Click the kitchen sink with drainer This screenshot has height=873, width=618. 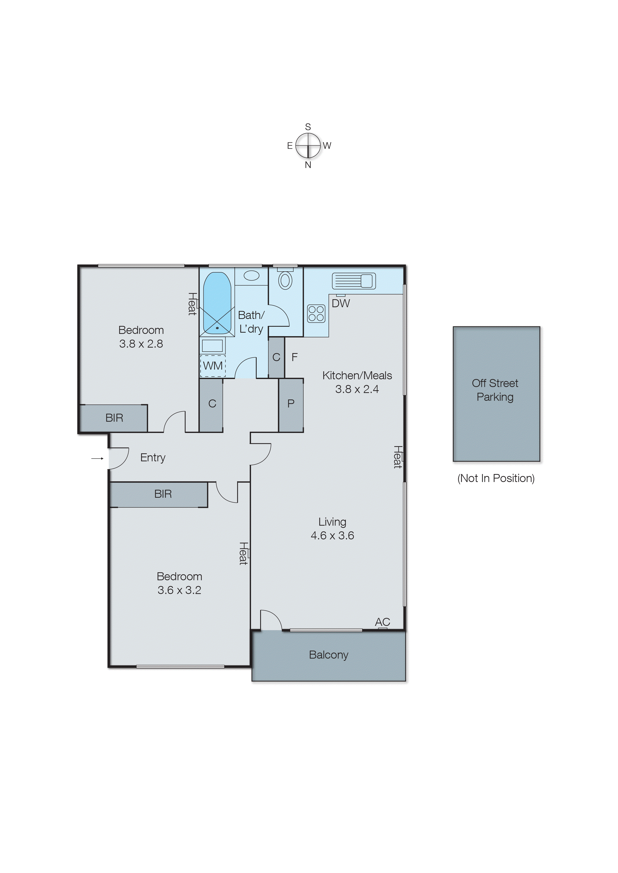click(354, 281)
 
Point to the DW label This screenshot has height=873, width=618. click(341, 303)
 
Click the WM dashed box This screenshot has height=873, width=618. click(213, 366)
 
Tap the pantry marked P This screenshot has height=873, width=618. click(291, 403)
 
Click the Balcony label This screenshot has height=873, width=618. click(328, 655)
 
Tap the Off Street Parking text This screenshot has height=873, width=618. click(495, 390)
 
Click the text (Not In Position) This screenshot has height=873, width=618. click(496, 478)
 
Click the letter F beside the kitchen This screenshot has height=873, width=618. click(295, 357)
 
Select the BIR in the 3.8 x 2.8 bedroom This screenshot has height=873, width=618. click(114, 418)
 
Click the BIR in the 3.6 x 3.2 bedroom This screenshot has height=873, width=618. click(163, 494)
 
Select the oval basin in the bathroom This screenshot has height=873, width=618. click(251, 275)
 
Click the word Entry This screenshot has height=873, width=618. click(153, 458)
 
